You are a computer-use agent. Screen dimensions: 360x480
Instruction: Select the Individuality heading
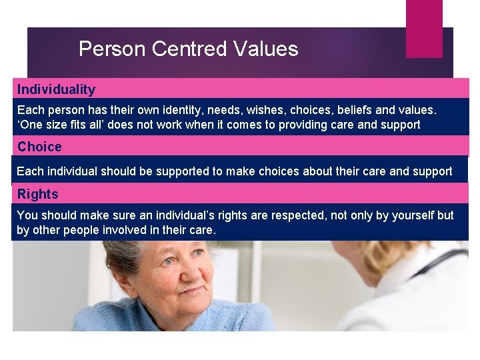coord(56,89)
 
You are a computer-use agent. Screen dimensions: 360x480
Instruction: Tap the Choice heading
coord(39,147)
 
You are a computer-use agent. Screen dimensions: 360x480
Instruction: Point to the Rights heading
coord(38,194)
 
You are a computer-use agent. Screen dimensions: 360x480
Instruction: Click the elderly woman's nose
coord(169,280)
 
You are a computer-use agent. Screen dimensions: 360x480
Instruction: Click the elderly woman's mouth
coord(172,298)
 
